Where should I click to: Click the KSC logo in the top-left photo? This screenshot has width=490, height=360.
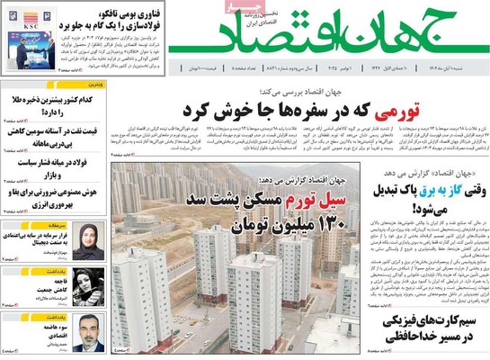coord(28,28)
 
